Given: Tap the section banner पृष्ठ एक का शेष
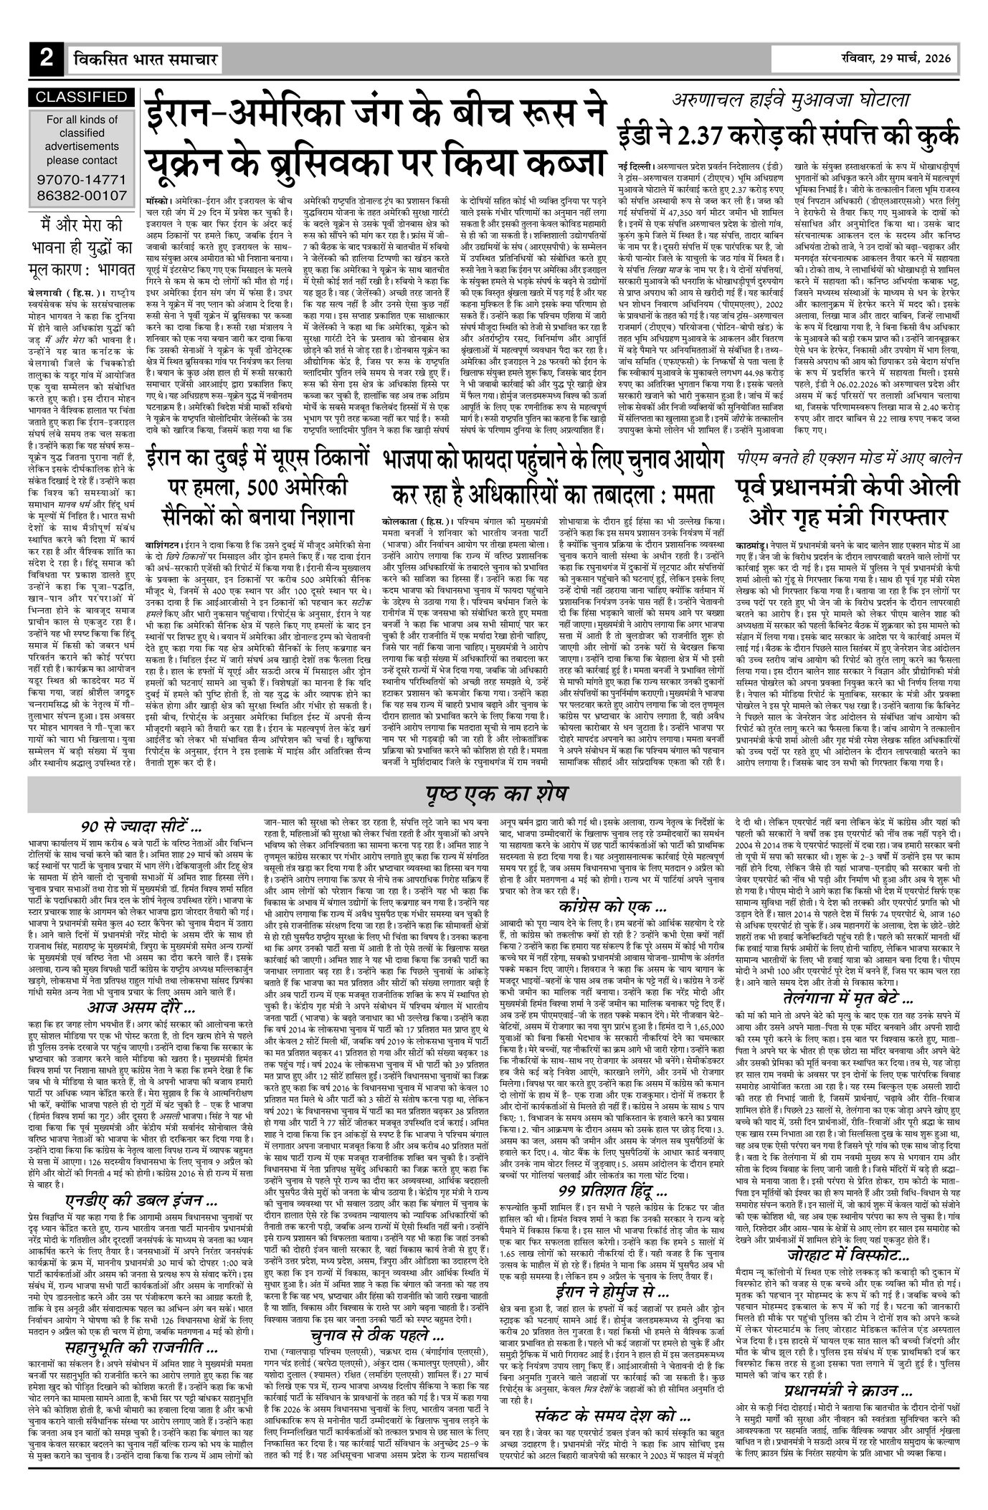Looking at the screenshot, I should pos(495,794).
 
